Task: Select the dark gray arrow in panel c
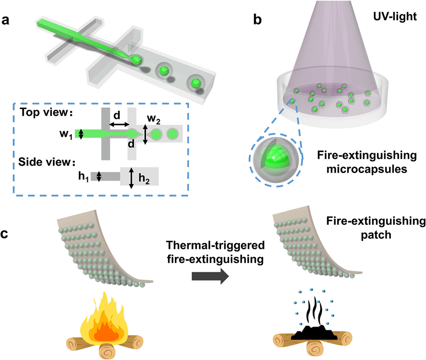(x=209, y=276)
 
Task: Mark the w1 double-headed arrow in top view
(x=81, y=134)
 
